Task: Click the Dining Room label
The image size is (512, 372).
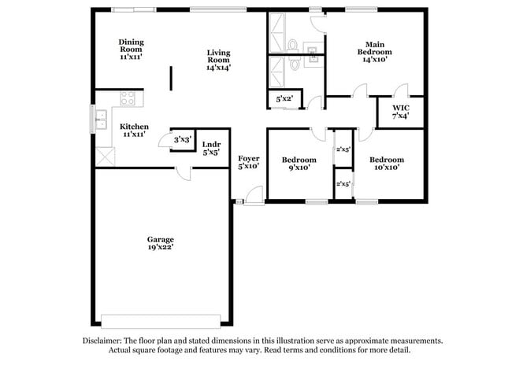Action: point(132,47)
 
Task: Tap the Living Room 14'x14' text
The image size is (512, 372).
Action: point(218,60)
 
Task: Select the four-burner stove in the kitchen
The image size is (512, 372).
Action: point(128,100)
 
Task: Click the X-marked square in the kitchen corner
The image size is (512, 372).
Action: point(104,156)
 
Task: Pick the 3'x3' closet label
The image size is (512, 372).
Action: point(182,139)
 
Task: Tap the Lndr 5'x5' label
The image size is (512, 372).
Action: point(211,148)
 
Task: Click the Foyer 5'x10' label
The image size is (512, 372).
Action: point(248,162)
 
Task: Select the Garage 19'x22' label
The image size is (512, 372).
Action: point(160,243)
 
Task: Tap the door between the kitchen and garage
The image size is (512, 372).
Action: point(183,173)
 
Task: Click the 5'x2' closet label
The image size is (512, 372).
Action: point(284,99)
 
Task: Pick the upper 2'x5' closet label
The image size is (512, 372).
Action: point(343,148)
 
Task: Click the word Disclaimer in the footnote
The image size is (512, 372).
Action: point(104,341)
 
